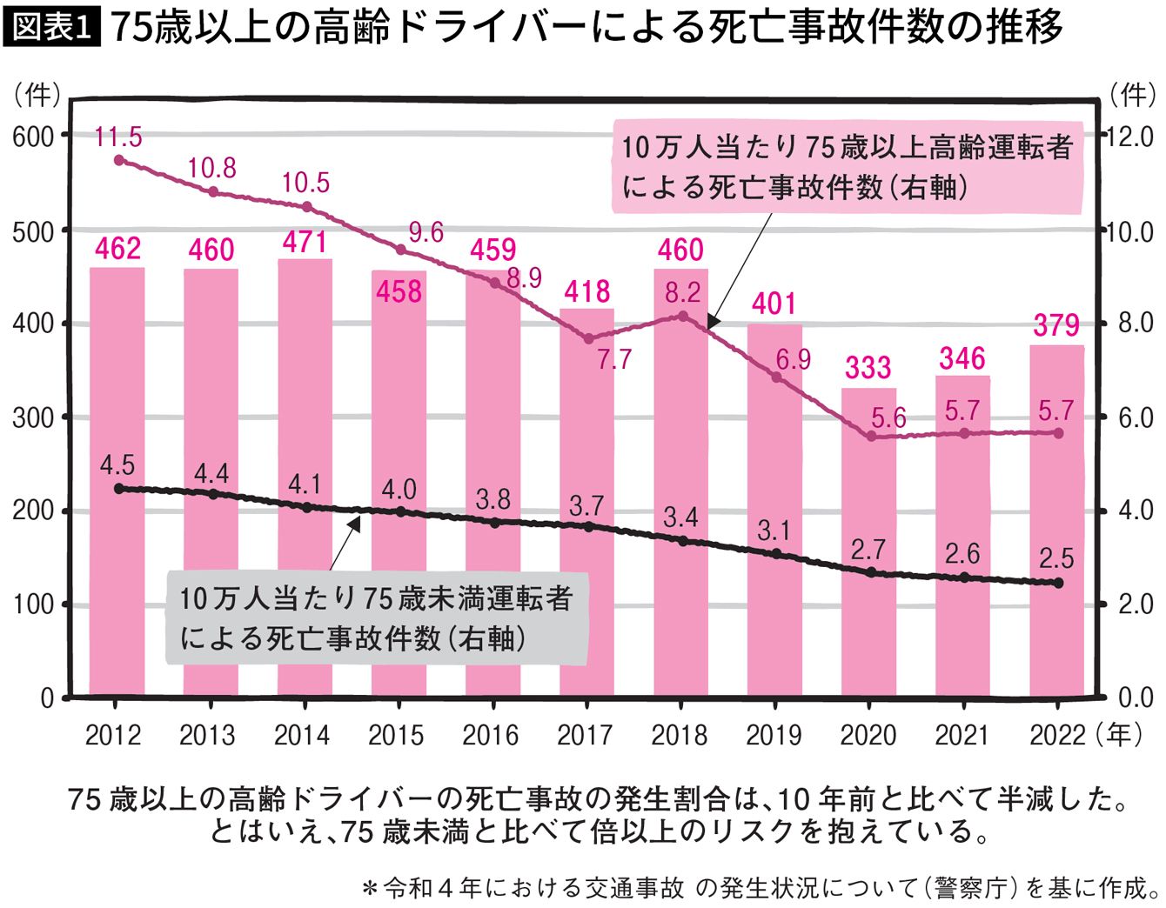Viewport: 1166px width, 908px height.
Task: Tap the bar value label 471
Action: point(305,242)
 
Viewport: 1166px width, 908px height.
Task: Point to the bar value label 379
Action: point(1056,325)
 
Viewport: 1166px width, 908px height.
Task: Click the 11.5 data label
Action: point(118,137)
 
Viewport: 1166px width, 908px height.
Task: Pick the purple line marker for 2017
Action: point(588,339)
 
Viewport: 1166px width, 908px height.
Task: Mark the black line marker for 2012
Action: point(119,489)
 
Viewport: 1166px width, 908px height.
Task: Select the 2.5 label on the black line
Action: point(1056,558)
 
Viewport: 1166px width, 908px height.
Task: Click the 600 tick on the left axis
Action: point(32,136)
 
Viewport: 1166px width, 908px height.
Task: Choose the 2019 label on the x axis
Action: point(774,736)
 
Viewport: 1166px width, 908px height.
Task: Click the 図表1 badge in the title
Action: point(53,28)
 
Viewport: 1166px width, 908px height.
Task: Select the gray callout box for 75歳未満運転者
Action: point(376,618)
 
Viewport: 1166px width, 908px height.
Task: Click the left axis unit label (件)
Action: point(36,94)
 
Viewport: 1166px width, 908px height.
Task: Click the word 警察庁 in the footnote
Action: point(972,888)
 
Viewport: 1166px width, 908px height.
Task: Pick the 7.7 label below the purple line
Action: point(613,358)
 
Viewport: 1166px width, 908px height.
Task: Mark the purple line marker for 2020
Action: point(870,437)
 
